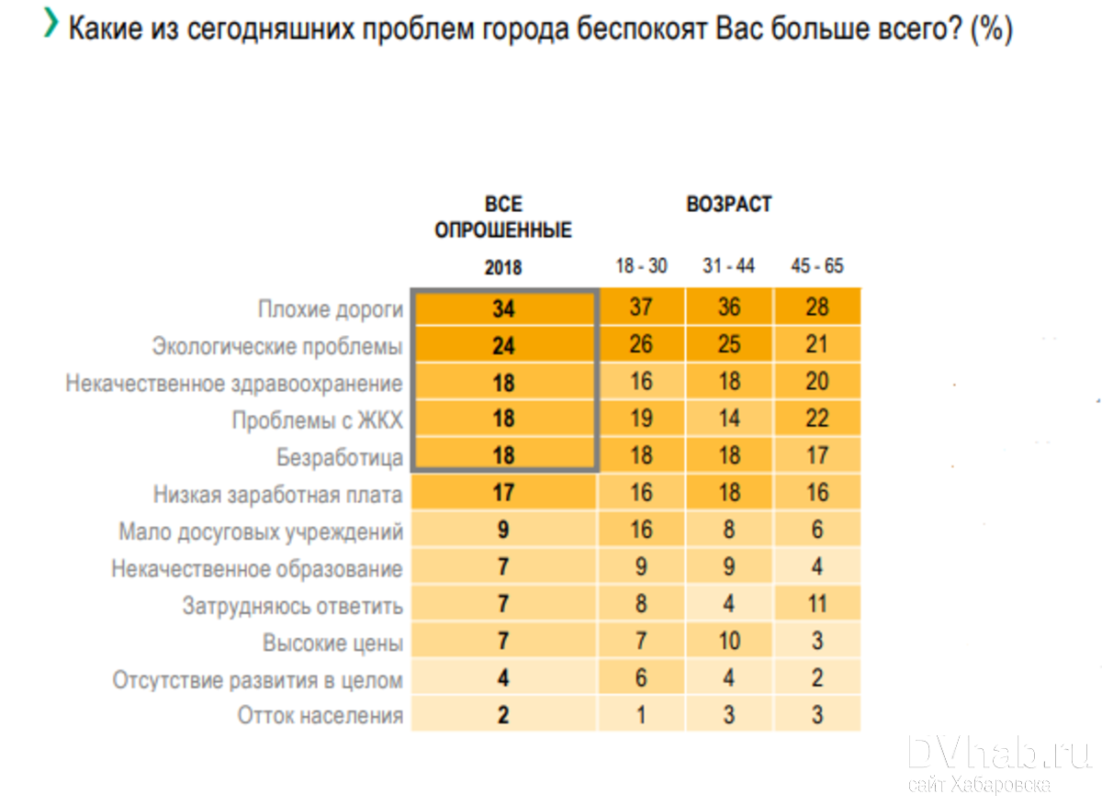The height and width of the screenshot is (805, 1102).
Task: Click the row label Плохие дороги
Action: point(331,309)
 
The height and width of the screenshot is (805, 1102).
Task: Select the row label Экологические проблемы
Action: point(277,347)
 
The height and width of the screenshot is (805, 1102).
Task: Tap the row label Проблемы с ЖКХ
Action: point(318,420)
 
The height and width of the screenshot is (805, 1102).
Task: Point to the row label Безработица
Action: point(340,457)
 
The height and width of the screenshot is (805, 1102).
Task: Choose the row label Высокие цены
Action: point(332,643)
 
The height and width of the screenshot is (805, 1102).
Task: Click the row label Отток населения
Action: point(320,716)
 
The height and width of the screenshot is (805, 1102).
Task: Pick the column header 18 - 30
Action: point(641,266)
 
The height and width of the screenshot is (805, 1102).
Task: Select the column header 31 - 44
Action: point(728,266)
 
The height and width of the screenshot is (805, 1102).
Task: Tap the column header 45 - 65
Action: point(817,266)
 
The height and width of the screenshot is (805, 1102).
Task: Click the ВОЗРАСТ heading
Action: point(728,204)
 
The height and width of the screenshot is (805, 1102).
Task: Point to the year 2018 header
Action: point(503,268)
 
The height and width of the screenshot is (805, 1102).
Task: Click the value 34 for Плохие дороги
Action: point(503,308)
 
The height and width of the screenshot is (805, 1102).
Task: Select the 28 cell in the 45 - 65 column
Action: point(817,307)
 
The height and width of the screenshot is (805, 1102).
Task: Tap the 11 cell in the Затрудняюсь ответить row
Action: point(817,604)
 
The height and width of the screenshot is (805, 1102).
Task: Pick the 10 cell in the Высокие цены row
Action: point(728,641)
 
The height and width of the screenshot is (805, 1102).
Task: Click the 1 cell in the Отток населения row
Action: point(641,715)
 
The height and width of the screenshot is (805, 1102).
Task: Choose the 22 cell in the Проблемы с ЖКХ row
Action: point(817,419)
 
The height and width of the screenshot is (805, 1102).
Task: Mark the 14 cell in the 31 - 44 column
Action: point(728,419)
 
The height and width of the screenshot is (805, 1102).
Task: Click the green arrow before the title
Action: point(51,27)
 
